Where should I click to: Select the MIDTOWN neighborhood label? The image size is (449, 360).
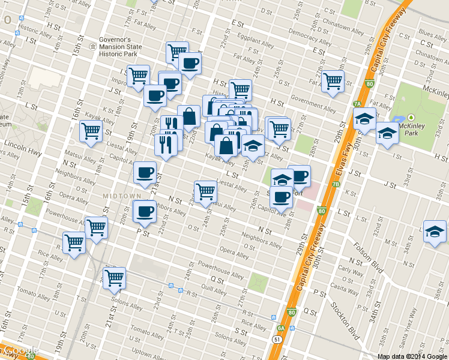[x=121, y=196]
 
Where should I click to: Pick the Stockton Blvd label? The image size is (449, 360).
[x=344, y=325]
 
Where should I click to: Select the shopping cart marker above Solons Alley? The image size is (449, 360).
[x=113, y=278]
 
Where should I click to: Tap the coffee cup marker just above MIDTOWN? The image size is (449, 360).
[x=145, y=173]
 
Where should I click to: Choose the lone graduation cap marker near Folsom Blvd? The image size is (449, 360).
[x=435, y=232]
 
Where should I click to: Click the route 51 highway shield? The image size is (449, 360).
[x=277, y=339]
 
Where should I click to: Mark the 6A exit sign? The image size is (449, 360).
[x=280, y=328]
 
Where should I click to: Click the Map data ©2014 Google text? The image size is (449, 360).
[x=412, y=356]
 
